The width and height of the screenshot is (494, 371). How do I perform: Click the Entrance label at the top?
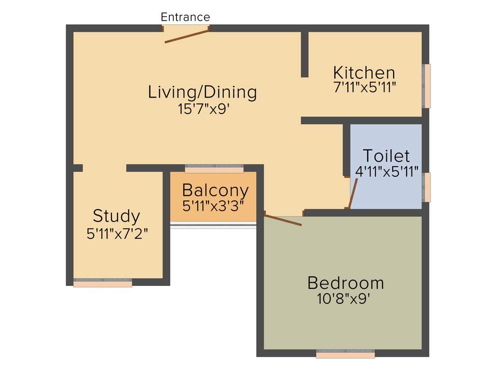[185, 17]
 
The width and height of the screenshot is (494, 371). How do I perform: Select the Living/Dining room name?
[202, 91]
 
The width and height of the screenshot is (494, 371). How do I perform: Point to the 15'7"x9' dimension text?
[203, 109]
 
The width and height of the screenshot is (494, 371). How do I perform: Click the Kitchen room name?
[364, 73]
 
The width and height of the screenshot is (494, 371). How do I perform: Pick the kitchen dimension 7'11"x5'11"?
[364, 87]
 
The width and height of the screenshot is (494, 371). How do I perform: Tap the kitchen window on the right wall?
[426, 86]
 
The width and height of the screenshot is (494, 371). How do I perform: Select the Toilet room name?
[386, 156]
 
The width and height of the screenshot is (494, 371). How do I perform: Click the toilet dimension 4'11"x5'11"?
[386, 171]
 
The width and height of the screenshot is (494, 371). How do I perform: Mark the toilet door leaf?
[353, 194]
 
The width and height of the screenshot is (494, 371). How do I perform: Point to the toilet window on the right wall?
[426, 187]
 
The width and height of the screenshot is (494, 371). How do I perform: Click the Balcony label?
[215, 190]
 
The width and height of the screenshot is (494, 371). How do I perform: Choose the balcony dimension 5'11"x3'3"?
[213, 205]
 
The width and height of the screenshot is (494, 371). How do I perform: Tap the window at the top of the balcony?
[214, 169]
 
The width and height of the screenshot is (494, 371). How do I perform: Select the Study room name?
[116, 216]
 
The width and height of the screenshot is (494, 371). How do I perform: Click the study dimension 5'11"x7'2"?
[116, 233]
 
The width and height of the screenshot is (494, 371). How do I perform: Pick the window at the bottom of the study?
[103, 283]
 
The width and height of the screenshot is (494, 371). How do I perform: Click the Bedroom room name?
[345, 283]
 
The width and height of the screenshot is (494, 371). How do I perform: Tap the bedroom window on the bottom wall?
[345, 354]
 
